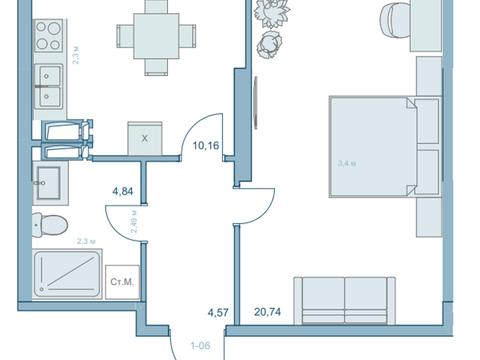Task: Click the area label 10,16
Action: coord(206,146)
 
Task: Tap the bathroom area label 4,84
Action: coord(123,191)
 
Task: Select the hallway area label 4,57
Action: coord(218,312)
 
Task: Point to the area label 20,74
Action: coord(267,312)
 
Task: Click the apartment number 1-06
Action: coord(200,346)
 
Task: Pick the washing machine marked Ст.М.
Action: coord(122,282)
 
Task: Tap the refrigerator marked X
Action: coord(145,138)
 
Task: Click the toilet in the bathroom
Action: coord(50,225)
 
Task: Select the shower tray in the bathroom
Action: coord(67,274)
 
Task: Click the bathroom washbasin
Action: coord(50,183)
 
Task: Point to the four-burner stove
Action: coord(49,35)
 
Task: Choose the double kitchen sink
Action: coord(49,87)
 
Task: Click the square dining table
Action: coord(156,36)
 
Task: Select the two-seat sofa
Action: coord(345,301)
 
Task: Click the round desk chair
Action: coord(395,19)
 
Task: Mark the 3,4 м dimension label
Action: coord(347,164)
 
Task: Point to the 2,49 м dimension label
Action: coord(134,221)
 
